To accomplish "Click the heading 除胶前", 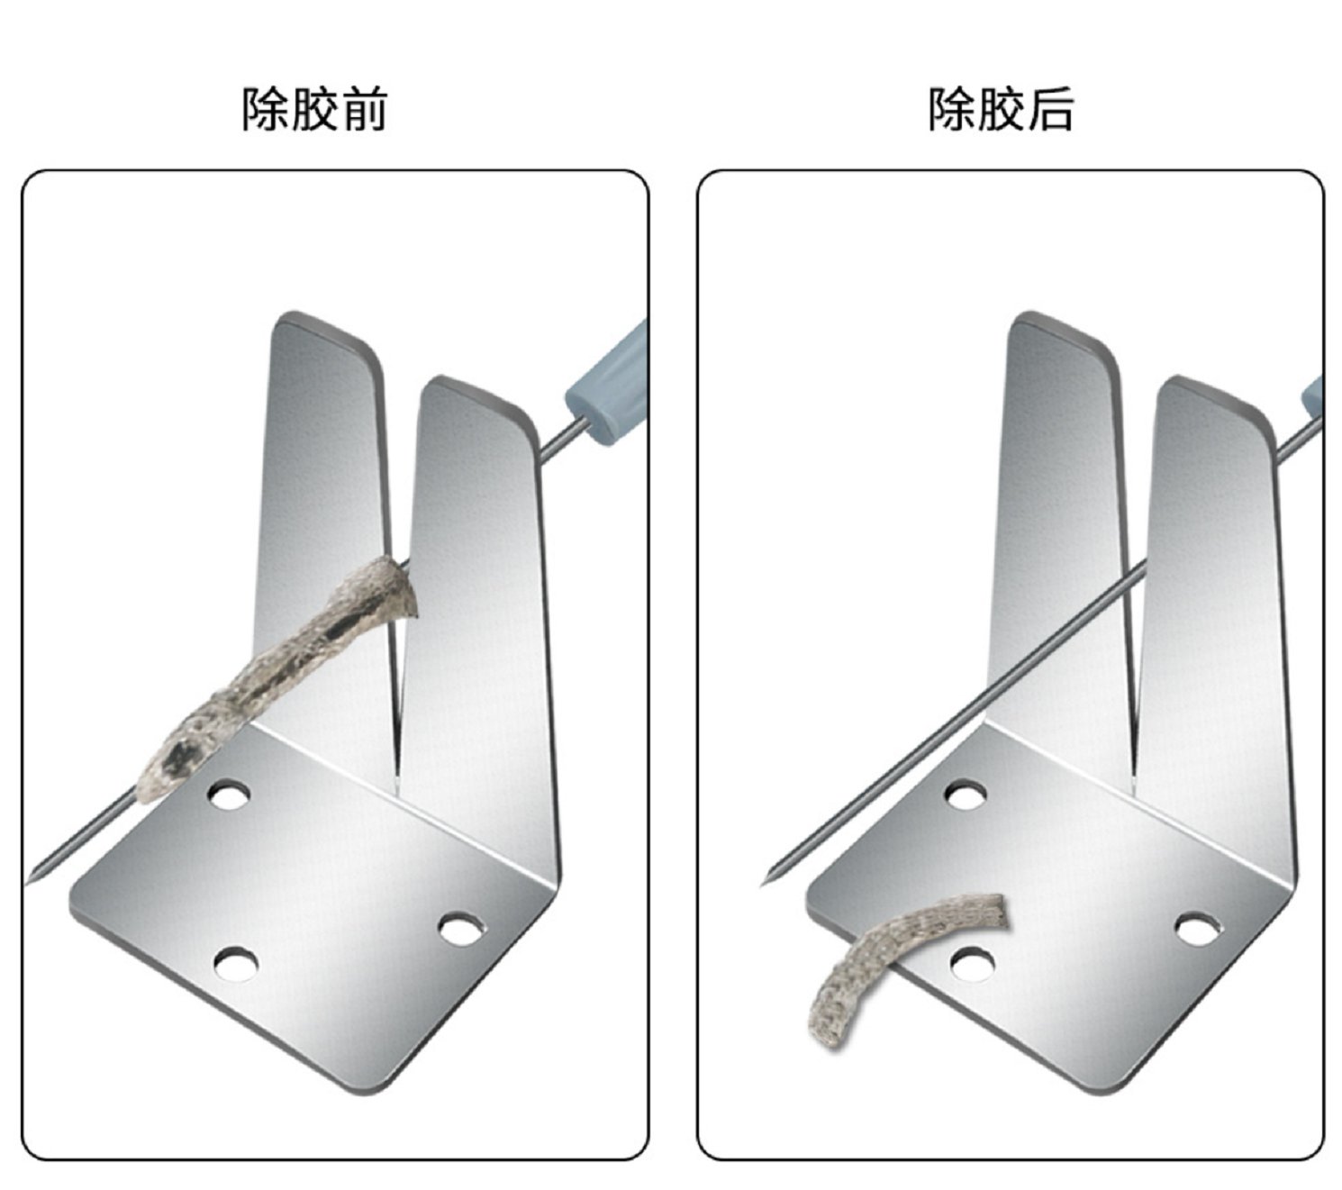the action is [x=313, y=109].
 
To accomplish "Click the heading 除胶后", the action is [x=1001, y=109].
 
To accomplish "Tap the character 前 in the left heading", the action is [x=364, y=109].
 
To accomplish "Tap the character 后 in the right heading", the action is [x=1050, y=109].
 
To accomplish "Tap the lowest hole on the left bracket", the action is [x=236, y=965].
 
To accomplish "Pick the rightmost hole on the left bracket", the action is [x=461, y=930].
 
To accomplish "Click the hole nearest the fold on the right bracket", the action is [x=965, y=795].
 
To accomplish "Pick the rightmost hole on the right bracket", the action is [x=1198, y=929].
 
